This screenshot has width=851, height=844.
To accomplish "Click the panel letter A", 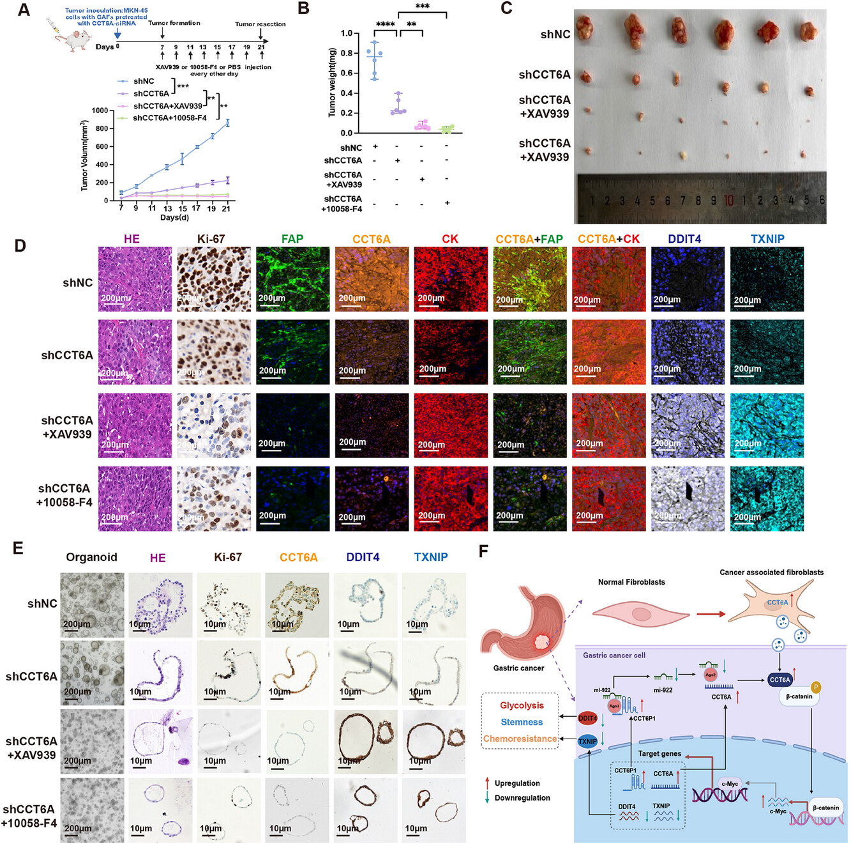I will coord(23,10).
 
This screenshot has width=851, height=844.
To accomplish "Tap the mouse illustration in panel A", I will coord(69,36).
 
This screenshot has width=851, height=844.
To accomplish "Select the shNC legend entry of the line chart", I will coord(143,81).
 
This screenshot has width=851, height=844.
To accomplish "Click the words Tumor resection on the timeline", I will coord(260,24).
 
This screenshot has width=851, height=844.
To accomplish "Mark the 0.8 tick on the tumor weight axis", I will coord(346,53).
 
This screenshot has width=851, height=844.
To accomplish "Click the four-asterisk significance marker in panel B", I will coord(385,24).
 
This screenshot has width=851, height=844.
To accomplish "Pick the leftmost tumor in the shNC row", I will coord(586,28).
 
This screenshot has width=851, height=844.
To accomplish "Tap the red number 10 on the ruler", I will coord(728,200).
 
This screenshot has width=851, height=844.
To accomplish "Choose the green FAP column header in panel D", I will coord(292,239).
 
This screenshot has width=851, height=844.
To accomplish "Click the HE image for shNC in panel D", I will coord(135,279).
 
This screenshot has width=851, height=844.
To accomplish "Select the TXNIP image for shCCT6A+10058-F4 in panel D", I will coord(767,498).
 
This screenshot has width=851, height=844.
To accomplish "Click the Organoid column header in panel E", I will coord(91,557).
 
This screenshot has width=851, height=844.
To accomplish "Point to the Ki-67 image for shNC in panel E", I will coord(228,603).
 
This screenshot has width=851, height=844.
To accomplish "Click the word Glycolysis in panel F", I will coord(522,705).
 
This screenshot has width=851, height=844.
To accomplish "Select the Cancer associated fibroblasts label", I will coord(771,572).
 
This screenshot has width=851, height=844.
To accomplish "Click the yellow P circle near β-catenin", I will coord(815,687).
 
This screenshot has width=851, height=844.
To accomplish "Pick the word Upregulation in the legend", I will coord(517,783).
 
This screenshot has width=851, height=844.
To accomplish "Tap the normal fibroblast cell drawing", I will coord(640,614).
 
